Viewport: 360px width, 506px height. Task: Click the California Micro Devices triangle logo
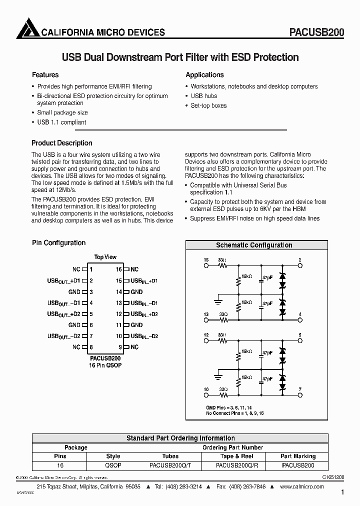[27, 28]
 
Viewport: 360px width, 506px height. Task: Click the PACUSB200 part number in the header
[316, 32]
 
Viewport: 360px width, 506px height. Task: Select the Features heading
[45, 75]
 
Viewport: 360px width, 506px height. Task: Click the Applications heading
[204, 75]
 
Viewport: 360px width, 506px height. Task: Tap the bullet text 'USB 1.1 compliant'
[61, 122]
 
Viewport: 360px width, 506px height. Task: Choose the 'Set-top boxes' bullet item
[208, 105]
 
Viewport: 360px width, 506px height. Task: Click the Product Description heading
[62, 143]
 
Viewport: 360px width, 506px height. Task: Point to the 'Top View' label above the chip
[105, 257]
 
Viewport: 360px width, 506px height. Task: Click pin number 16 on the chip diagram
[119, 269]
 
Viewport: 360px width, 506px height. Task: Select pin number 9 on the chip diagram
[120, 347]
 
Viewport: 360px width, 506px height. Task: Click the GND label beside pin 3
[74, 292]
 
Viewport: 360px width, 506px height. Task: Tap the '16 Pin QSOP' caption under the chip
[105, 365]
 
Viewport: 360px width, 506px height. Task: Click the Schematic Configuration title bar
[254, 245]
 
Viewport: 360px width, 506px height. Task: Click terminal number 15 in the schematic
[206, 260]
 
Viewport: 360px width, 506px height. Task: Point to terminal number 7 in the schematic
[300, 389]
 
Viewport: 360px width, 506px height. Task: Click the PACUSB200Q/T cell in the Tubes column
[170, 465]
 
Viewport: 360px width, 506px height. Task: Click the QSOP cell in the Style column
[113, 465]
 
